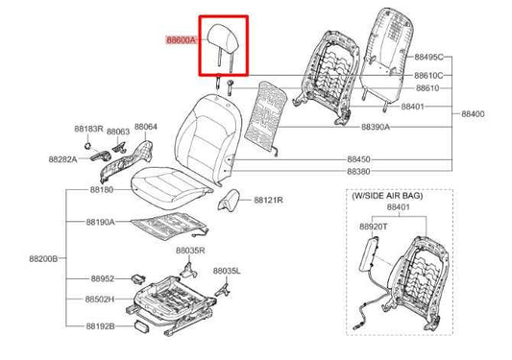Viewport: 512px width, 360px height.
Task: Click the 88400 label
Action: pos(474,113)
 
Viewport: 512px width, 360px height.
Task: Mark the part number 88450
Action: pos(358,158)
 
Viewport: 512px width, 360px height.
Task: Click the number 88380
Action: pos(358,171)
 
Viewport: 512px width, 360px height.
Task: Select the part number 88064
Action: pos(145,127)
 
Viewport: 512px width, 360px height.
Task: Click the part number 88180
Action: pos(100,191)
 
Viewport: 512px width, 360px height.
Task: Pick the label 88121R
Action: pos(270,201)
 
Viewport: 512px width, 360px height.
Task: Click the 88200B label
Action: pos(43,258)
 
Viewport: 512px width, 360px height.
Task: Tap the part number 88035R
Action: pos(189,250)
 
